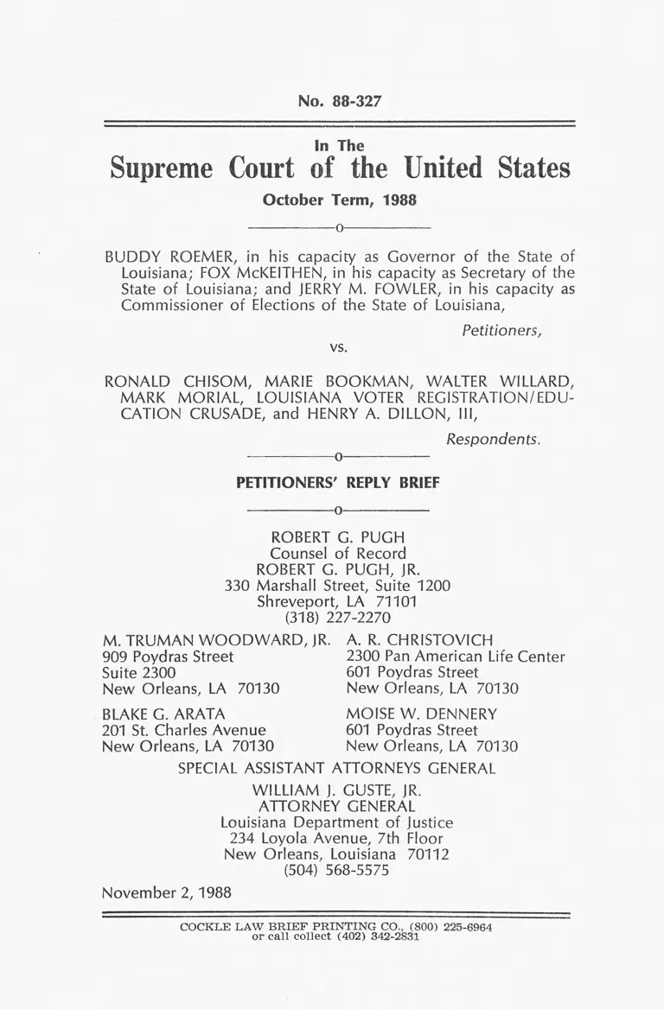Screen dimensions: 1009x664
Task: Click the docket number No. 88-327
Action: tap(339, 101)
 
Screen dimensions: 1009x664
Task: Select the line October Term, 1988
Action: tap(339, 200)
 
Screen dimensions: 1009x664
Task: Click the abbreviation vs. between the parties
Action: tap(338, 347)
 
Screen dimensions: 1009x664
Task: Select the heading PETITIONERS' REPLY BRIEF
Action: tap(338, 484)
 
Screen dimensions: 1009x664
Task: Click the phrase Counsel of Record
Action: tap(338, 553)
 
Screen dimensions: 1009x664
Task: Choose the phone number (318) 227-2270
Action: tap(338, 618)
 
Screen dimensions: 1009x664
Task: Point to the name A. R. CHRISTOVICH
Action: tap(419, 640)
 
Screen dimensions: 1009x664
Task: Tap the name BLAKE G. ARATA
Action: tap(163, 714)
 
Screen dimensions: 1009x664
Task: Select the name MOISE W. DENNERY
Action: tap(421, 714)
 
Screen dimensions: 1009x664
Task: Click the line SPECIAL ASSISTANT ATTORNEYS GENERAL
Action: tap(336, 768)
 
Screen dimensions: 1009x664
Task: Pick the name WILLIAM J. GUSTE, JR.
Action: tap(336, 790)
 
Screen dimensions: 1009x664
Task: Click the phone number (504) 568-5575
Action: tap(336, 871)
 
